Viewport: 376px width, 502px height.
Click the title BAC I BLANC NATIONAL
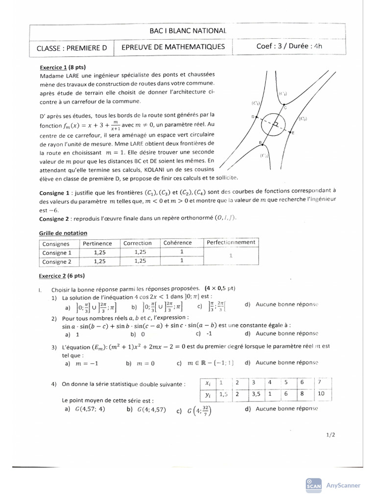click(x=188, y=31)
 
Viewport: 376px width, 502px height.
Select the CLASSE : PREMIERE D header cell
click(x=71, y=48)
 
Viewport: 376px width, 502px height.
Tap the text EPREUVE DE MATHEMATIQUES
click(x=173, y=47)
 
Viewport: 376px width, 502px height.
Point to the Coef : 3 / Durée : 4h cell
click(x=290, y=47)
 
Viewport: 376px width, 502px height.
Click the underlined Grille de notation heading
click(x=63, y=233)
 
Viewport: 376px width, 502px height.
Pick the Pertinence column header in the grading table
click(x=97, y=243)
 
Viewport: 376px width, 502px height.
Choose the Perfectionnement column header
click(x=231, y=242)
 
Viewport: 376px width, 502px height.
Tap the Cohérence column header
click(x=178, y=243)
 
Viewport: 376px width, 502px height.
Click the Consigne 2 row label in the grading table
click(x=57, y=261)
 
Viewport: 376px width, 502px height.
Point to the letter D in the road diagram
click(x=253, y=117)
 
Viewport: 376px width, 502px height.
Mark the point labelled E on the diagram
click(x=293, y=133)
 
